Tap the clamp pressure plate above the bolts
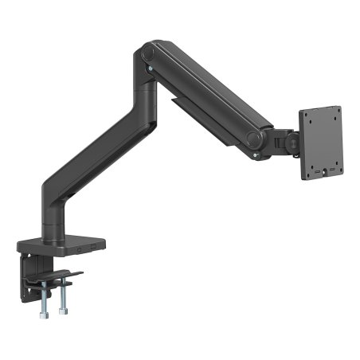tap(61, 277)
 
